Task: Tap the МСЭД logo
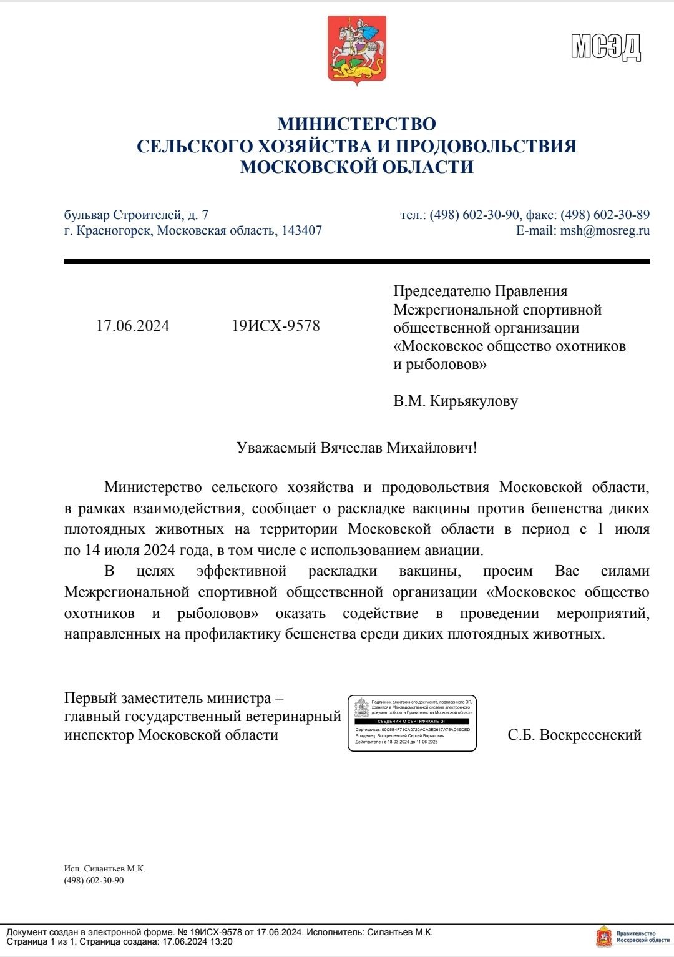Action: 605,47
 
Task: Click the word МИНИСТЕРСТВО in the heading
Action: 356,124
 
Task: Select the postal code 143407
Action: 301,230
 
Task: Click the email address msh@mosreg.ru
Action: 605,230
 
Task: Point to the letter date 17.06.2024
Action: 132,326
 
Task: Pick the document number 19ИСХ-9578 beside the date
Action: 275,326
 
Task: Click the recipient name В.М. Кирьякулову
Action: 455,401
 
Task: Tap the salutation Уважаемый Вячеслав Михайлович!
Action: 356,448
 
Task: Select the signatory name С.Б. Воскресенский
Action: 574,735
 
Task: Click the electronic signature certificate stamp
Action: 412,723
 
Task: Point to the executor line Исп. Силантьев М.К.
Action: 104,868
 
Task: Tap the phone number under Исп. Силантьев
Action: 94,880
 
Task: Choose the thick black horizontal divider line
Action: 356,262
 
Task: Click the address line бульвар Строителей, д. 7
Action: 136,215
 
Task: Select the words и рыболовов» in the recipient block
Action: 439,364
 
